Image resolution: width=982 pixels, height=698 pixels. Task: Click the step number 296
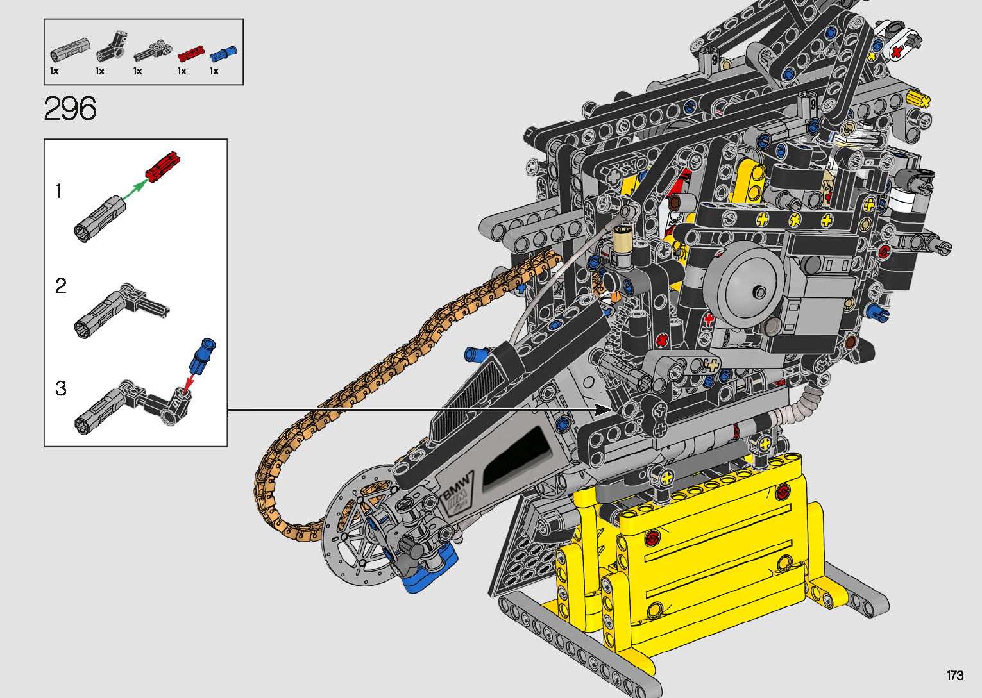pos(70,108)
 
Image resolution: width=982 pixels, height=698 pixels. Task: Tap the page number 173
pos(955,675)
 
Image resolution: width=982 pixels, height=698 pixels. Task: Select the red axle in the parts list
pos(190,54)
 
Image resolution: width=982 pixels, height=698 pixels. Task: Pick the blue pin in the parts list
pos(224,53)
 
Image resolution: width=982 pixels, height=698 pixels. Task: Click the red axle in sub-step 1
pos(163,167)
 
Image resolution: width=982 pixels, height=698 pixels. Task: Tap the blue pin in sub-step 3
pos(203,356)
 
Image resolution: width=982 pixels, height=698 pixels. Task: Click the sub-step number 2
pos(61,286)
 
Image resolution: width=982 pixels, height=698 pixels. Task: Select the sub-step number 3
pos(61,388)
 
